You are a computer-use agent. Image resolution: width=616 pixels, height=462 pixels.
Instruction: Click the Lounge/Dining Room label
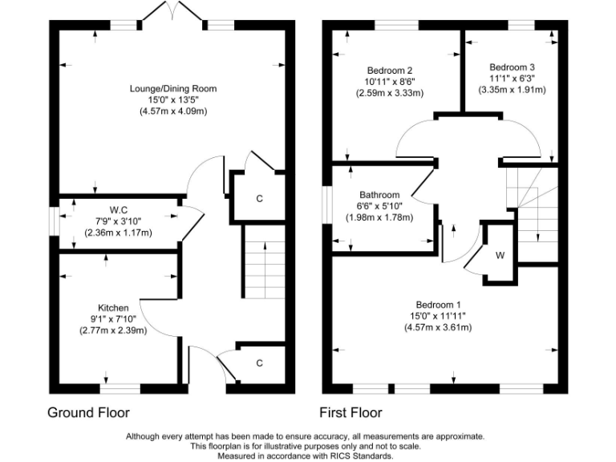[173, 88]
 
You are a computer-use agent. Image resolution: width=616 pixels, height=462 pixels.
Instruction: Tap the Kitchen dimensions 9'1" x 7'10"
[113, 319]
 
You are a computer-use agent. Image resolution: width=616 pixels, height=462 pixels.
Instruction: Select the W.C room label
[118, 210]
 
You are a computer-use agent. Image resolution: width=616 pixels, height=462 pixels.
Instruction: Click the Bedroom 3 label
[512, 67]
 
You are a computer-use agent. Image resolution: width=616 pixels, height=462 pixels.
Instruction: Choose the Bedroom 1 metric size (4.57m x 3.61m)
[438, 327]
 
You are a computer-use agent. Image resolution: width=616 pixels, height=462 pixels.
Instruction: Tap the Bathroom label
[379, 195]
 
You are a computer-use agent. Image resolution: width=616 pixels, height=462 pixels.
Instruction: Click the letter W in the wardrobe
[500, 255]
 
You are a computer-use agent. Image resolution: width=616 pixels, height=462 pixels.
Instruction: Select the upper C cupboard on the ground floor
[259, 199]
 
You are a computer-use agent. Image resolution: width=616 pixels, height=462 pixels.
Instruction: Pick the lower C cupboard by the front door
[259, 363]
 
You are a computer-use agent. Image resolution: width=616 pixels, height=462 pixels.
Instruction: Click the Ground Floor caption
[88, 412]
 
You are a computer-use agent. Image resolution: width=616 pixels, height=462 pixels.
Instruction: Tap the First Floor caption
[351, 412]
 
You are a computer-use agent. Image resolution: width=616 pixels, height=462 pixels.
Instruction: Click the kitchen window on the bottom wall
[120, 389]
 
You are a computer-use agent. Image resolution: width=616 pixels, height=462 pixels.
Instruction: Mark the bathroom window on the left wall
[327, 205]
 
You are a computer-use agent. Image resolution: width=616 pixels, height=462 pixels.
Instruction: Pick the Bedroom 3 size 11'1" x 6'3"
[512, 79]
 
